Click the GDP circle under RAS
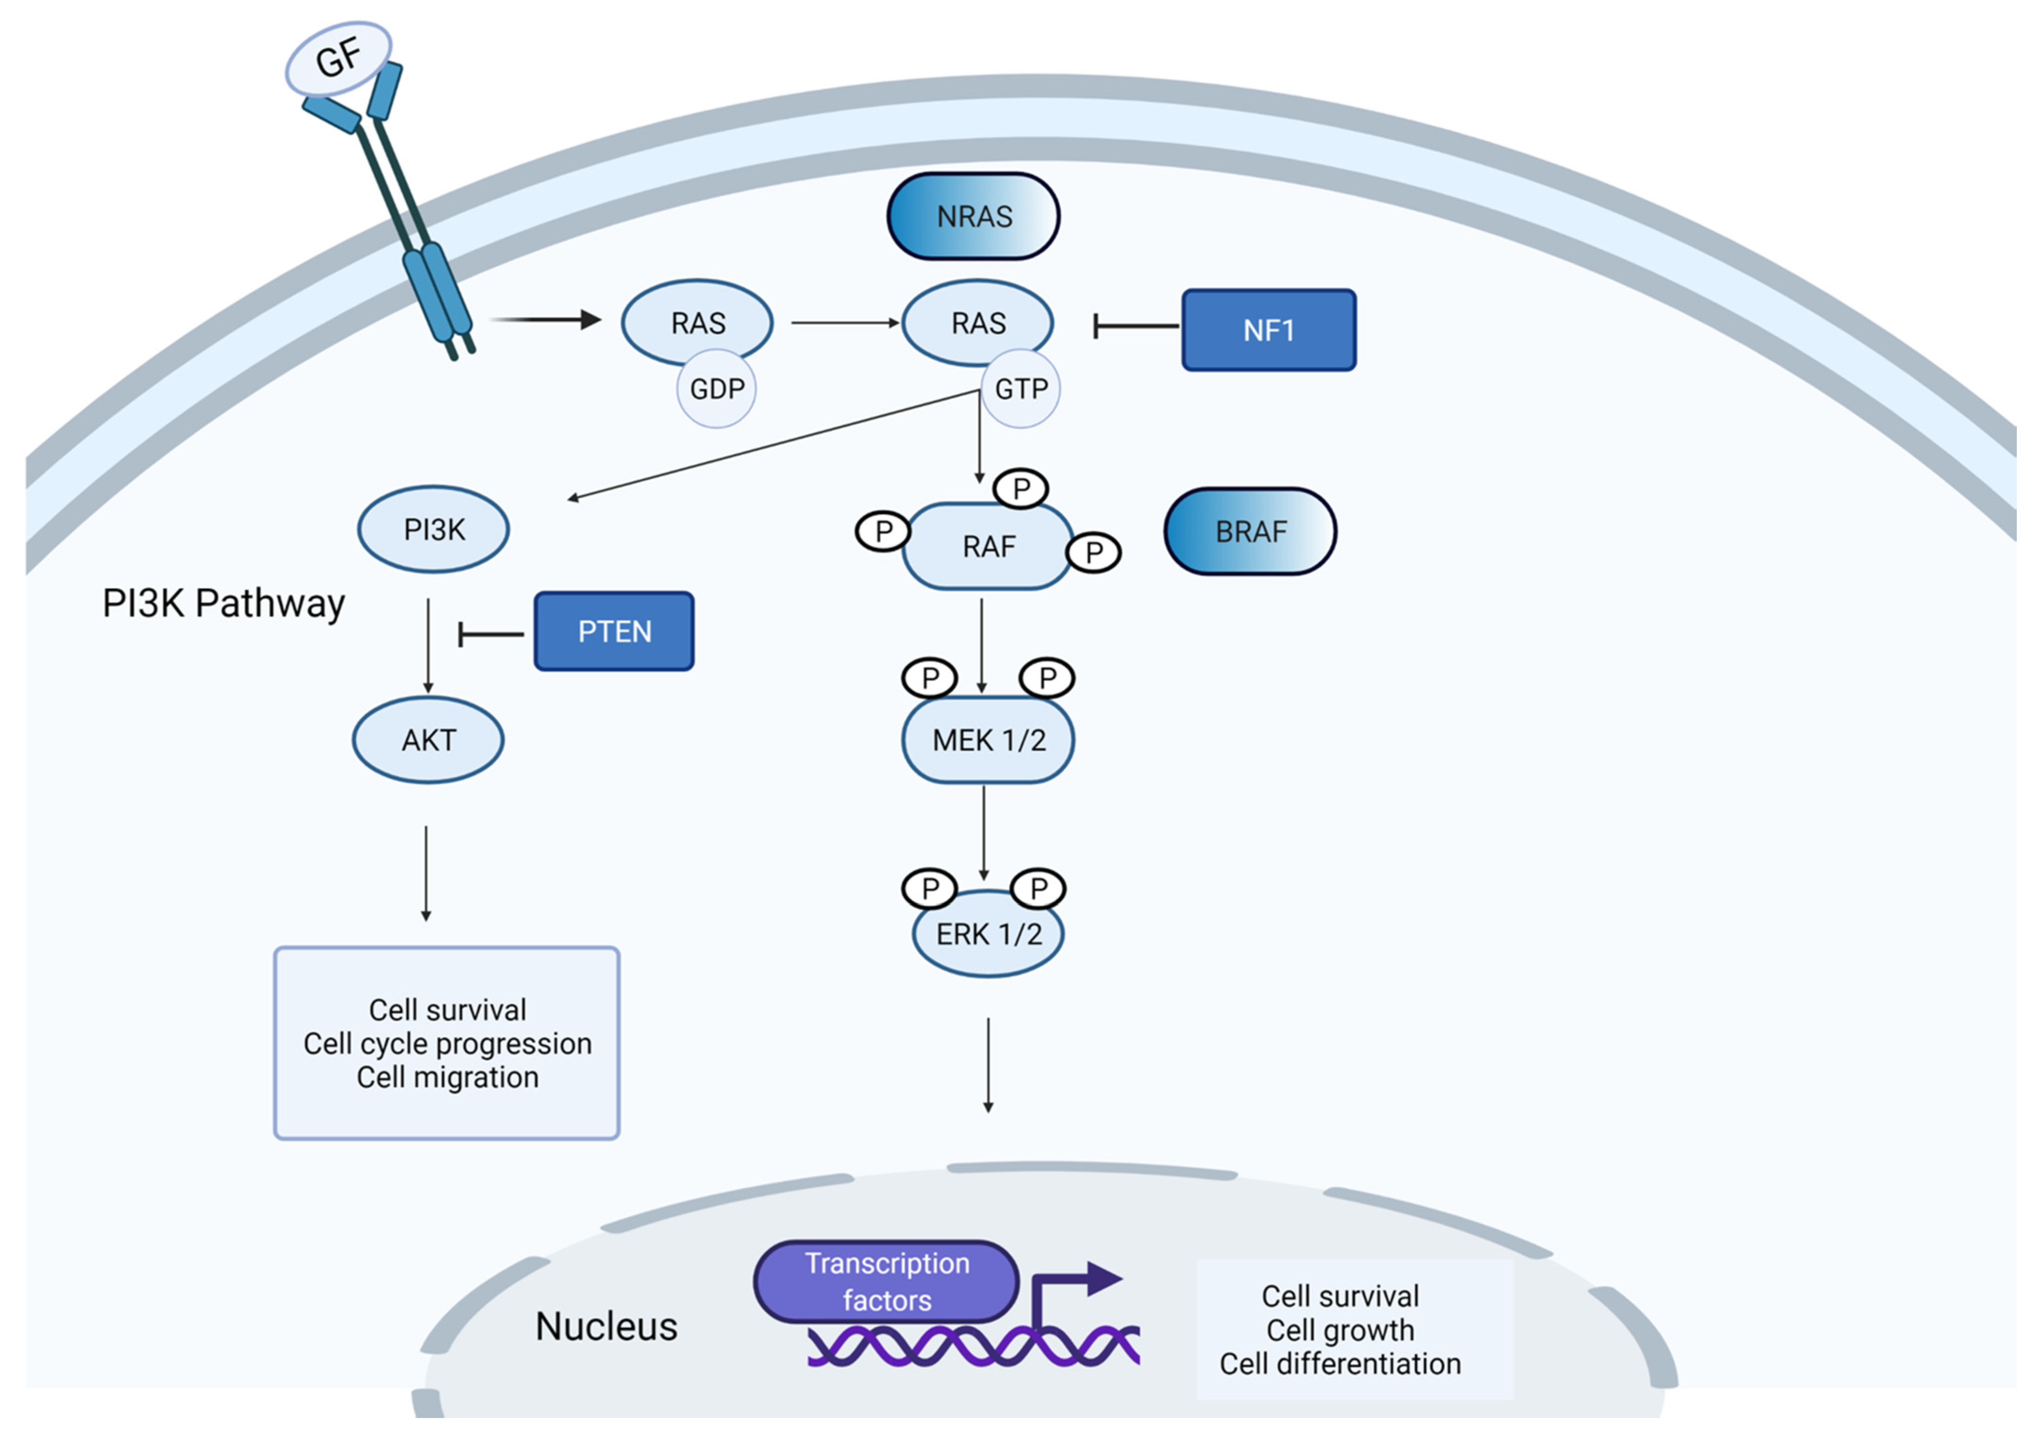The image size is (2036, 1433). point(717,388)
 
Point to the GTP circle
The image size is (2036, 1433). point(1021,388)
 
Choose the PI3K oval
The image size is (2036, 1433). point(434,529)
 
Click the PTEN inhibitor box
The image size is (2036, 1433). point(614,631)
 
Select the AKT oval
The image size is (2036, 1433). point(428,740)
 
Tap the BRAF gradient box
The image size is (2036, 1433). point(1250,531)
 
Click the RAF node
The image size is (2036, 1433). point(988,546)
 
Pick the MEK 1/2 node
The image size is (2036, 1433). point(988,740)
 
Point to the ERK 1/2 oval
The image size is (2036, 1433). point(988,934)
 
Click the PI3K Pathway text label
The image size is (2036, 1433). point(223,603)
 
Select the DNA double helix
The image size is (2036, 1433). point(973,1345)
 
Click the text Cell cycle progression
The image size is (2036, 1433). point(447,1044)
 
